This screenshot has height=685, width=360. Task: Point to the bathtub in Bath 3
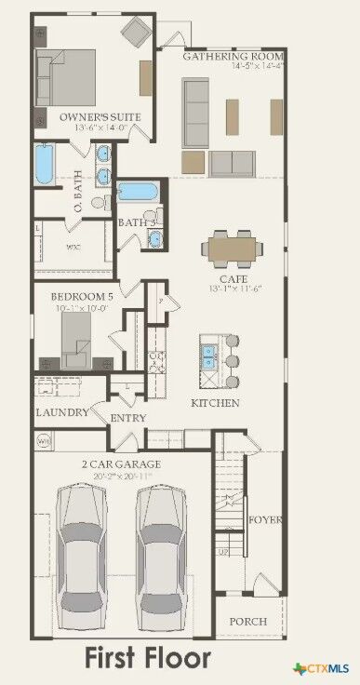click(138, 193)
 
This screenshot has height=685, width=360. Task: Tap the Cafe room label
click(233, 278)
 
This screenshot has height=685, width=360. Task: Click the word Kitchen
click(216, 403)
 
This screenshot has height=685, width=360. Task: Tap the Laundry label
click(61, 412)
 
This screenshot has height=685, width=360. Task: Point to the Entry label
click(128, 418)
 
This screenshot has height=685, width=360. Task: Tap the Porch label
click(248, 621)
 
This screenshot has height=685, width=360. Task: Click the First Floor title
click(148, 658)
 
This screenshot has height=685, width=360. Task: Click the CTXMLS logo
click(325, 668)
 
